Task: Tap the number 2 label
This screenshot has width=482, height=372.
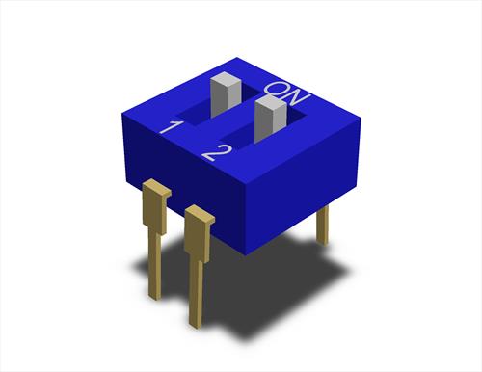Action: (x=217, y=152)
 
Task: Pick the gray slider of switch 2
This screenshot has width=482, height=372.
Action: (x=270, y=120)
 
